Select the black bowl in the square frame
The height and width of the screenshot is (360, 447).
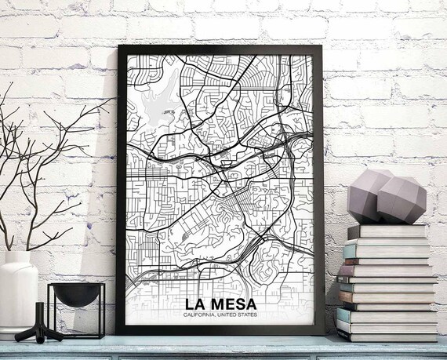coord(75,296)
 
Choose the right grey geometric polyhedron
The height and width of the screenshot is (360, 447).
coord(403,199)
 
